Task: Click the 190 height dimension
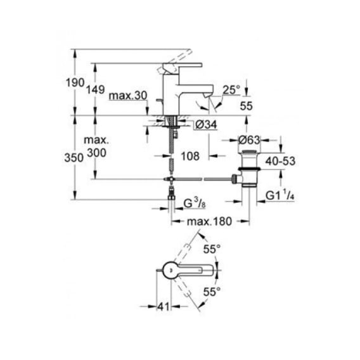[x=75, y=82]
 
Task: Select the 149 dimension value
[x=96, y=89]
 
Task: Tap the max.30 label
[x=128, y=95]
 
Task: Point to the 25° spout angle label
[x=231, y=89]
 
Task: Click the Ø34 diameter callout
[x=206, y=125]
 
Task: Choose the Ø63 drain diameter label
[x=249, y=140]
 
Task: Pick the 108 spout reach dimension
[x=190, y=156]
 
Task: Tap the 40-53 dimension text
[x=280, y=161]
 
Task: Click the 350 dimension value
[x=74, y=158]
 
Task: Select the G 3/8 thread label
[x=195, y=203]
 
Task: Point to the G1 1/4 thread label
[x=280, y=195]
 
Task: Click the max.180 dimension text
[x=209, y=222]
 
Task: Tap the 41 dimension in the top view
[x=164, y=307]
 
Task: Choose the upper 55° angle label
[x=212, y=249]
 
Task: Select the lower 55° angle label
[x=212, y=292]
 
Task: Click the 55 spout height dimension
[x=247, y=106]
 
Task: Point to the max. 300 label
[x=96, y=146]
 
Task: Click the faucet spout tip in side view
[x=209, y=95]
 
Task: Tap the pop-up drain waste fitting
[x=249, y=169]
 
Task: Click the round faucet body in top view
[x=171, y=270]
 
